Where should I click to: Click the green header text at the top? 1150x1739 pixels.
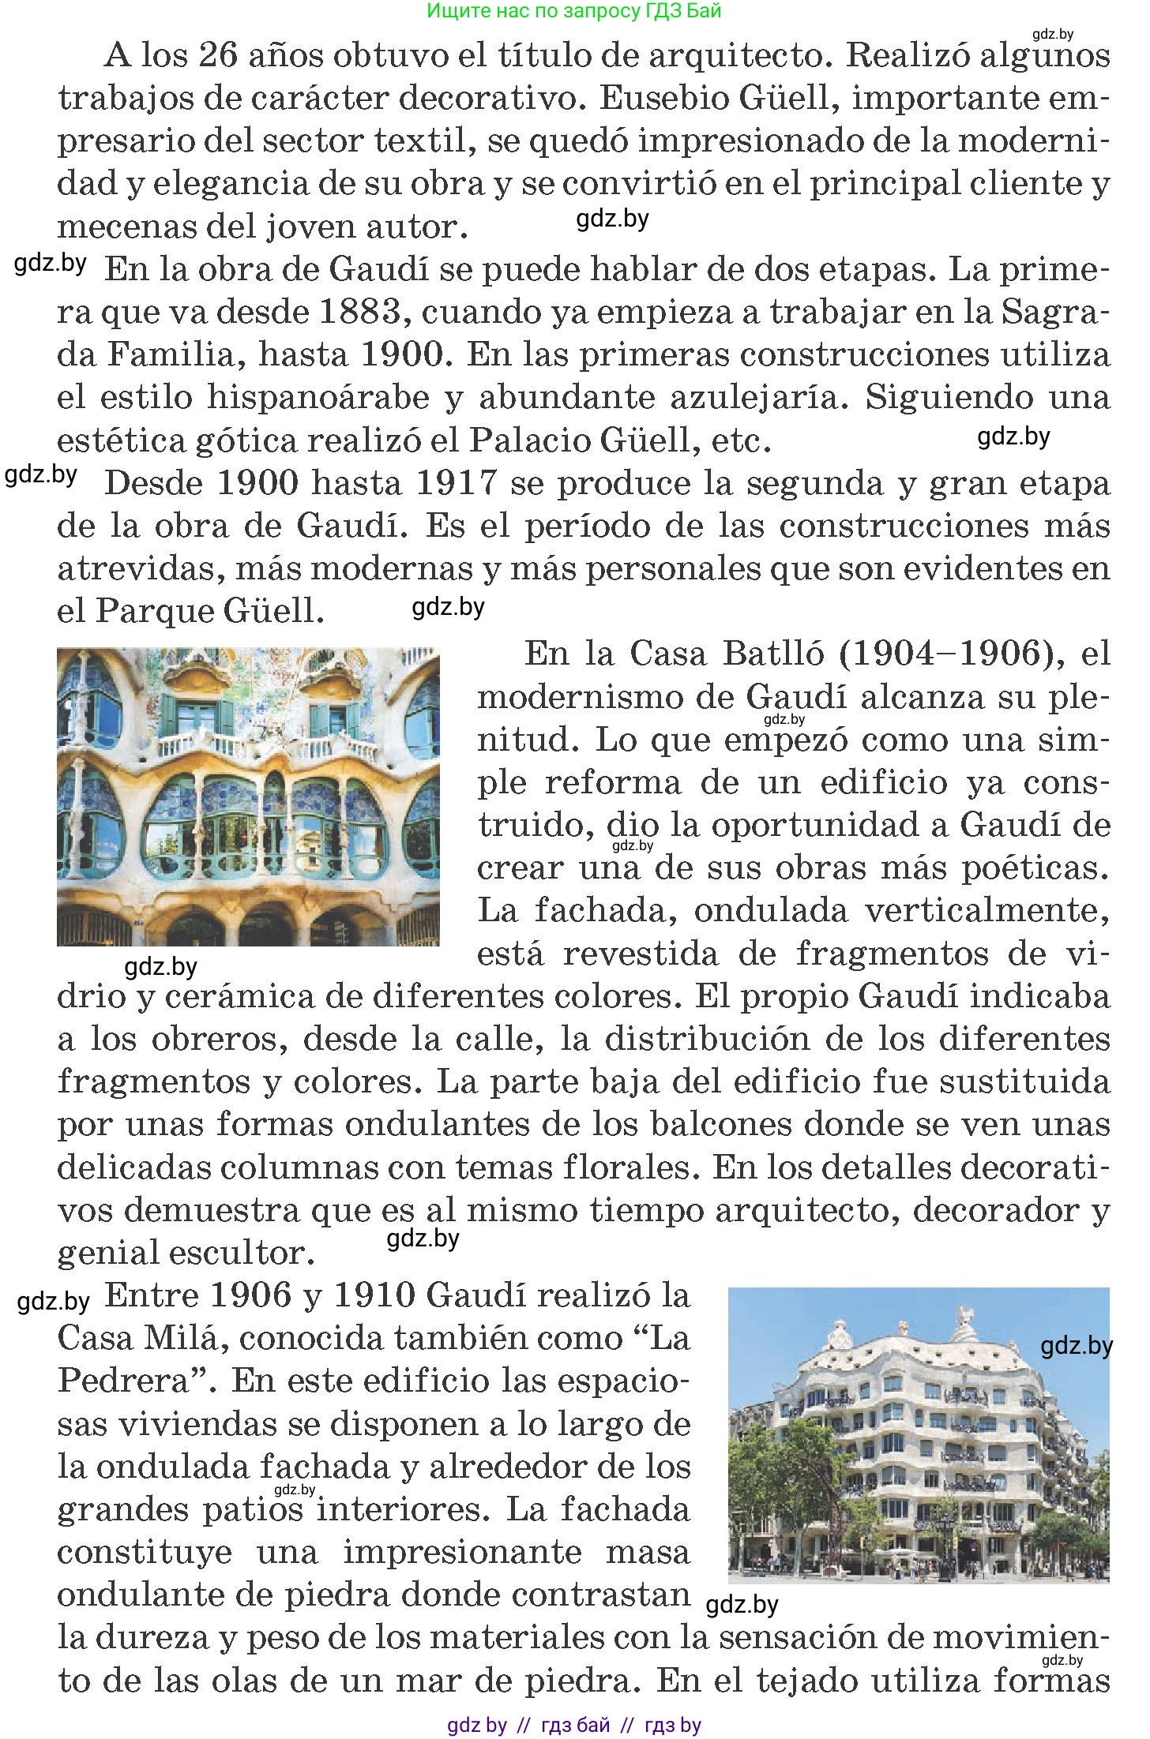pyautogui.click(x=574, y=11)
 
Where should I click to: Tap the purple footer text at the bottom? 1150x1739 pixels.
pyautogui.click(x=574, y=1726)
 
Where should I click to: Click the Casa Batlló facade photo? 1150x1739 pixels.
pyautogui.click(x=248, y=796)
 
